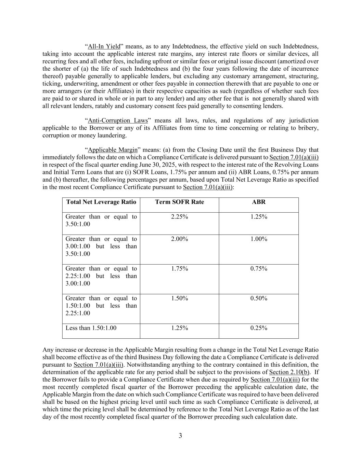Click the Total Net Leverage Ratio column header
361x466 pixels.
coord(101,202)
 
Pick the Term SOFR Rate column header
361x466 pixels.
coord(179,202)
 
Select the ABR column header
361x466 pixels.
coord(259,202)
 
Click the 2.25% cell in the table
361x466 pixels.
coord(179,217)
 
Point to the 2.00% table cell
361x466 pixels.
coord(179,239)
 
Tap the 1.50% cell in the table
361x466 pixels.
coord(179,298)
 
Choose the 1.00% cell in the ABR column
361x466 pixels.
coord(259,239)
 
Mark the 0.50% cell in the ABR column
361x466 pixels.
coord(259,298)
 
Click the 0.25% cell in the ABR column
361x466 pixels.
coord(259,328)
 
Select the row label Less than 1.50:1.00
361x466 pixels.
coord(91,328)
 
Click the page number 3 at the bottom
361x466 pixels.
coord(180,436)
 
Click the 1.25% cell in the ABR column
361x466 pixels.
coord(259,217)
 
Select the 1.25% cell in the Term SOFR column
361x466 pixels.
coord(179,328)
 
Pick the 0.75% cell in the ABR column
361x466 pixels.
coord(259,269)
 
